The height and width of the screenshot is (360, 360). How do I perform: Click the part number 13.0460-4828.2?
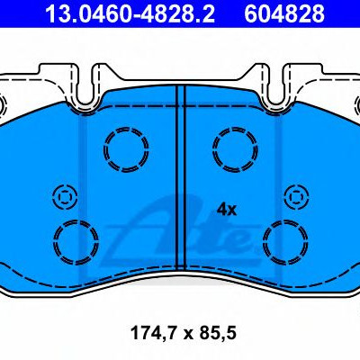pyautogui.click(x=130, y=13)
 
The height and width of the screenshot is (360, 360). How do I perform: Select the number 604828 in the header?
pyautogui.click(x=284, y=13)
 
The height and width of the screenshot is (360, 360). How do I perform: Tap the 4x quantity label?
pyautogui.click(x=227, y=210)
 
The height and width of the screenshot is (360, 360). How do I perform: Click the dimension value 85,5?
pyautogui.click(x=216, y=333)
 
